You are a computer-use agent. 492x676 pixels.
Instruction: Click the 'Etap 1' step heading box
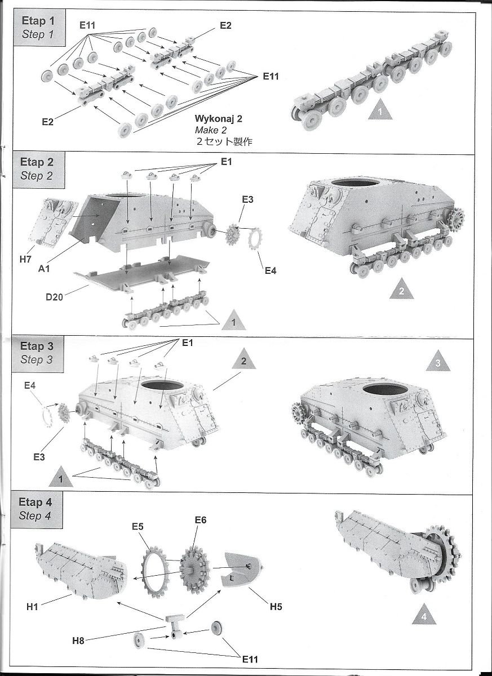38,26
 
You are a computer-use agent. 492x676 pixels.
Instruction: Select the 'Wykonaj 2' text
215,119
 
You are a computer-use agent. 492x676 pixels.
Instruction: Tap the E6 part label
200,520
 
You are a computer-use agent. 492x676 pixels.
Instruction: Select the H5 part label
276,606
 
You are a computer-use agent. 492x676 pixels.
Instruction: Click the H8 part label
79,640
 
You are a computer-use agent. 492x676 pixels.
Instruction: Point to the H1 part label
33,607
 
